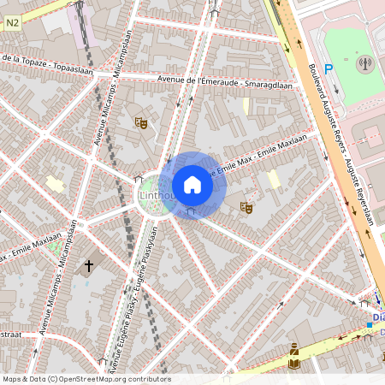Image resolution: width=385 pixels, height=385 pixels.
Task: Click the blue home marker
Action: (192, 185)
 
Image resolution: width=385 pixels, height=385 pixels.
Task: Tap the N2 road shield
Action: (11, 25)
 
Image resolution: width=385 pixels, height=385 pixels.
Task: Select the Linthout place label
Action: (155, 198)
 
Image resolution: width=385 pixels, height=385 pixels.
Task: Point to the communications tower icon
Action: (364, 62)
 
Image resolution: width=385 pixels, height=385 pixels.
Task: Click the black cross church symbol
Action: (88, 267)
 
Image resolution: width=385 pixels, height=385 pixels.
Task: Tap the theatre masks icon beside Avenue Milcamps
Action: (140, 123)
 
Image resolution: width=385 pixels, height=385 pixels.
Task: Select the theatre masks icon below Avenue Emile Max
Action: (246, 207)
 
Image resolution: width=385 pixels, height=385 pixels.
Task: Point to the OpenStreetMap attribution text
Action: (86, 379)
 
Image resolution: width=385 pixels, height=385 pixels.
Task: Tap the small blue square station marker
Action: (370, 324)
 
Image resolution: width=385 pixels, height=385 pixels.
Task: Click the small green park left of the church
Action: (58, 249)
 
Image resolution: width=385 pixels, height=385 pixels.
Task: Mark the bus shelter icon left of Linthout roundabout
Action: (138, 180)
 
